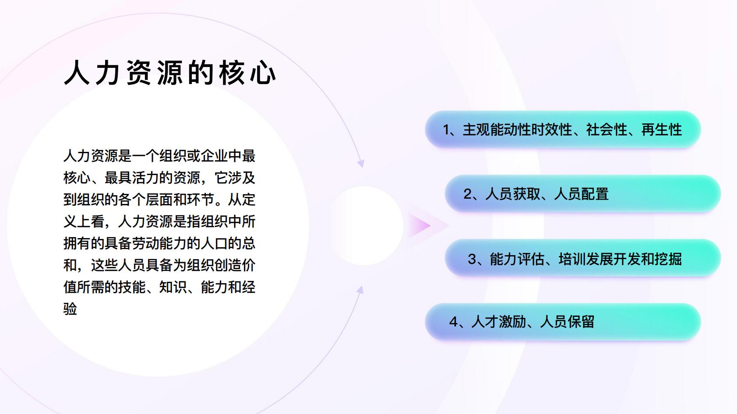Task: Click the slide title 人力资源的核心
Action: coord(170,73)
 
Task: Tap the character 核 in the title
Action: coord(232,73)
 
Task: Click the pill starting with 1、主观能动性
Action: coord(563,130)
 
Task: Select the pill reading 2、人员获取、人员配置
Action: coord(583,194)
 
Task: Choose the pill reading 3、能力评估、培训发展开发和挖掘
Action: coord(583,258)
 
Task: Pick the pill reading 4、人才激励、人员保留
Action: coord(563,322)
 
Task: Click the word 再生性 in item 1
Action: coord(661,130)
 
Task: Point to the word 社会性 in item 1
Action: coord(607,130)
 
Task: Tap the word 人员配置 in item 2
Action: coord(582,194)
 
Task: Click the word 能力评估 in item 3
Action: coord(517,259)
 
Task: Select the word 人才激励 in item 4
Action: coord(498,322)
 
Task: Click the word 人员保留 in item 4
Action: coord(567,322)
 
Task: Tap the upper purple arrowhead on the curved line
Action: coord(361,163)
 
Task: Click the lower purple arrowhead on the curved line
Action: coord(360,290)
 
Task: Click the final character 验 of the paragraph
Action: coord(70,309)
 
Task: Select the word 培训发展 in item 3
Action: coord(586,259)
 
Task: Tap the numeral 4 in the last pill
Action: coord(453,322)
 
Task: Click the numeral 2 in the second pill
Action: coord(468,194)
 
